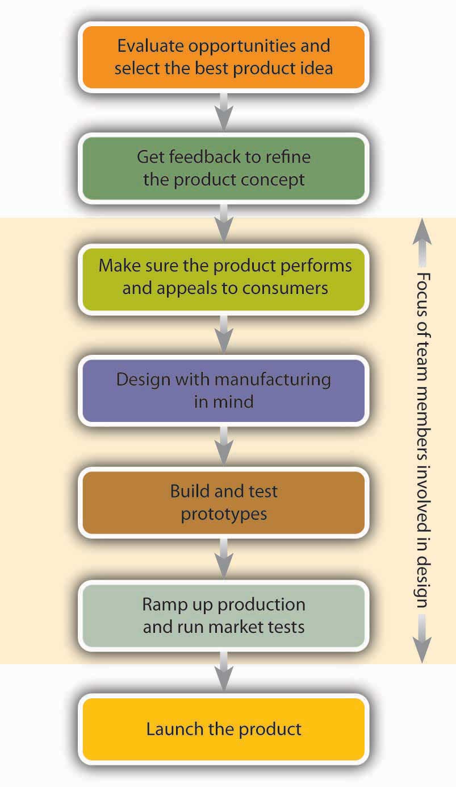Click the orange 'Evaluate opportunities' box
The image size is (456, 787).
point(224,57)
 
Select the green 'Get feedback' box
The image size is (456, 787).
point(224,168)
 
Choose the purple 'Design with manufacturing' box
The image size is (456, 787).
point(224,391)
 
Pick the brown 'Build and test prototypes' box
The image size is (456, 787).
point(224,502)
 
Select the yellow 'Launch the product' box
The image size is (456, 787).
point(224,728)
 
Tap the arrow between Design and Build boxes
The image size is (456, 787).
point(225,446)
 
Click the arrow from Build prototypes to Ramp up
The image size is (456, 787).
point(225,558)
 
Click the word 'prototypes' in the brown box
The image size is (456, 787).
point(224,513)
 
